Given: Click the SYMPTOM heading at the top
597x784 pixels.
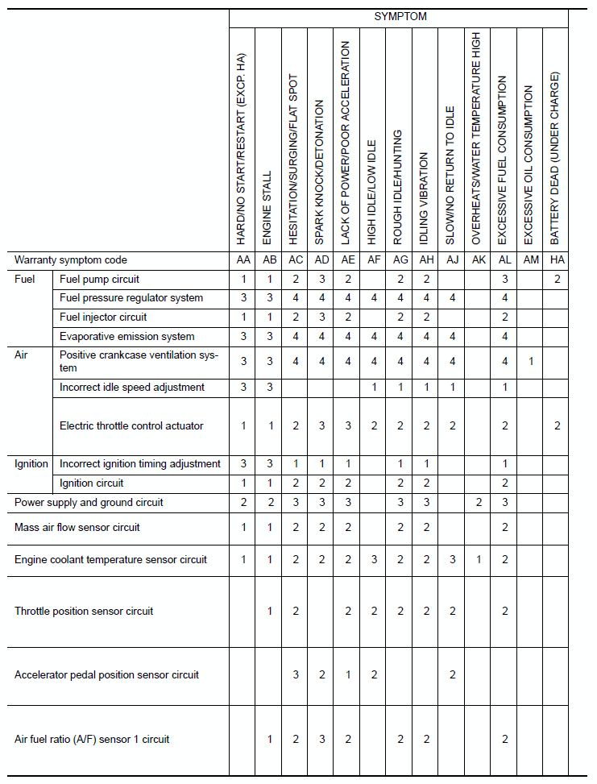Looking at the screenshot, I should tap(400, 16).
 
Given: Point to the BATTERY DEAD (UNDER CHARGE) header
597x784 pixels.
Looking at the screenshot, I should tap(555, 158).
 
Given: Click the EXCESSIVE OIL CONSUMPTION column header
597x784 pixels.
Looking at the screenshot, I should tap(529, 166).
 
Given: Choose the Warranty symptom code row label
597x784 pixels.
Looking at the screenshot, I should tap(71, 260).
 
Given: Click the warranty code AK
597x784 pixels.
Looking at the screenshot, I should tap(478, 260).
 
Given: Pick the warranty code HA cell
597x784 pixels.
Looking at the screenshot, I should tap(557, 260).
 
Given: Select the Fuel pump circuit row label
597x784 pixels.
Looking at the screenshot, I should tap(99, 280).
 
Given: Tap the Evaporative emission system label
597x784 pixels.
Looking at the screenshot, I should tap(126, 337).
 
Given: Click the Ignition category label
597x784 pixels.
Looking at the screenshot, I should tap(31, 464).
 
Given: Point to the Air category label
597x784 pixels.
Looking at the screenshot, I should tap(22, 355).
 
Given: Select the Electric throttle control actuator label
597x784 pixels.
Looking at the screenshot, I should tap(131, 425).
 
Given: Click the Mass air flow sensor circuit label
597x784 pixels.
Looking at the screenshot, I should tap(77, 528).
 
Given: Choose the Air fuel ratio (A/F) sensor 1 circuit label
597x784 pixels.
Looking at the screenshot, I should tap(92, 739).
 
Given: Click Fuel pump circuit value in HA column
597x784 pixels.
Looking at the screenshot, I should tap(557, 280).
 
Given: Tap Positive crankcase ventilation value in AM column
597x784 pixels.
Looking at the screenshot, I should tap(531, 362).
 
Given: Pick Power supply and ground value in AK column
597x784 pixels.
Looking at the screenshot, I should tap(478, 503).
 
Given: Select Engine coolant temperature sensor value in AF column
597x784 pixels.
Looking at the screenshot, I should tap(374, 560).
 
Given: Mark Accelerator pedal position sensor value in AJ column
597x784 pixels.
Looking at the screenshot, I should tap(452, 675).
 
